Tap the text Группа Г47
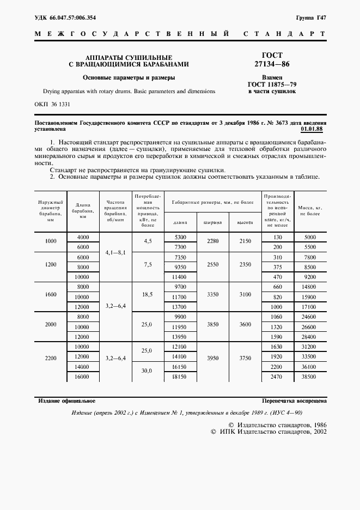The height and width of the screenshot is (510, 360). pos(311,18)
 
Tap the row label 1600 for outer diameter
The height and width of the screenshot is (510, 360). pos(51,294)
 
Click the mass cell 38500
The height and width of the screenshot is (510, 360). pos(309,377)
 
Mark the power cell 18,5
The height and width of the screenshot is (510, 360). pos(147,294)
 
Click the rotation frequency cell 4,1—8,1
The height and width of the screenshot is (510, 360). pos(115,252)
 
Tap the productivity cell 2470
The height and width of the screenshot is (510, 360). pos(278,377)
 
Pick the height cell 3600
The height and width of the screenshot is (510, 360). pos(245,325)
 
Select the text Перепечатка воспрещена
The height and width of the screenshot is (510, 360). pos(294,400)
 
